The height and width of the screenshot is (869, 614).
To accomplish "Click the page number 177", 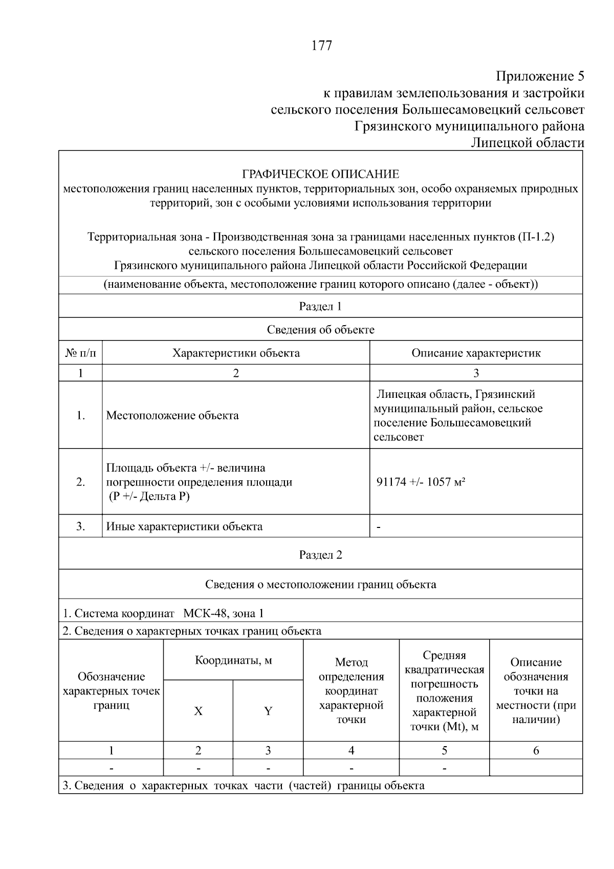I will point(322,46).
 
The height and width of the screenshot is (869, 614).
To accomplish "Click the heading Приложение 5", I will point(540,76).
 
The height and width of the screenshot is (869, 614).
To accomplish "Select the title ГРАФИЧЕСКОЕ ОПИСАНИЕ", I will point(320,174).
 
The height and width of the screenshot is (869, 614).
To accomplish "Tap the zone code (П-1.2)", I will point(536,237).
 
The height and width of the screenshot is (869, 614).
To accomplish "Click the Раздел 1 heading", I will point(320,306).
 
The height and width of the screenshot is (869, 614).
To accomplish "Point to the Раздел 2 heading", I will point(320,555).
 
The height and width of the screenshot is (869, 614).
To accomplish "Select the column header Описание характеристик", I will point(476,353).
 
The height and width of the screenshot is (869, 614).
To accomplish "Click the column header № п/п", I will point(80,353).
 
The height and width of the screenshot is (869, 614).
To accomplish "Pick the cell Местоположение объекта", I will point(172,415).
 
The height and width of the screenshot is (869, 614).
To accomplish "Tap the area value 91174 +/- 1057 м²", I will point(421,482).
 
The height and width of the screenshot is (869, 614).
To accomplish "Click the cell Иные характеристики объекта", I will point(184,526).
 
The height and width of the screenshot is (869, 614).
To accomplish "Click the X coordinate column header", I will point(198,711).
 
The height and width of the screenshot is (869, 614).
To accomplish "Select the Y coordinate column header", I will point(268,711).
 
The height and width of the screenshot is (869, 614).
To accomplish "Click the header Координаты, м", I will point(233,660).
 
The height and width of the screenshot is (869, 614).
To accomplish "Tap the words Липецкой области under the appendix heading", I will point(528,143).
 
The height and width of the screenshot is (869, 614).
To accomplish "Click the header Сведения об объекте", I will point(320,330).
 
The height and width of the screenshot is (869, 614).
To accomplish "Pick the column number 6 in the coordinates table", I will point(536,751).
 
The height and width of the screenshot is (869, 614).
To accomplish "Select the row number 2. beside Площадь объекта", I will point(80,482).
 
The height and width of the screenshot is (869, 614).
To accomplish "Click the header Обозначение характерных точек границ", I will point(111,691).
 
